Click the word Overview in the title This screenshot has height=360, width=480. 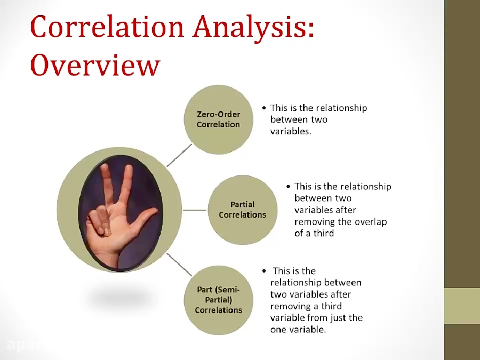tap(95, 66)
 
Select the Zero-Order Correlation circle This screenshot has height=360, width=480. tap(218, 119)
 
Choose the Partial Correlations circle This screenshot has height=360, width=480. tap(242, 210)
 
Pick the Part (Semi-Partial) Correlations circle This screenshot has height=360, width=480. tap(218, 300)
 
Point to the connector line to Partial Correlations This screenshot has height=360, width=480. tap(195, 210)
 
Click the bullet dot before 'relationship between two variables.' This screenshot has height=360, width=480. tap(264, 108)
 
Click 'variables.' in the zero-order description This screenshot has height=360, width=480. tap(291, 131)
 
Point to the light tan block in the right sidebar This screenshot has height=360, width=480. tap(462, 306)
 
